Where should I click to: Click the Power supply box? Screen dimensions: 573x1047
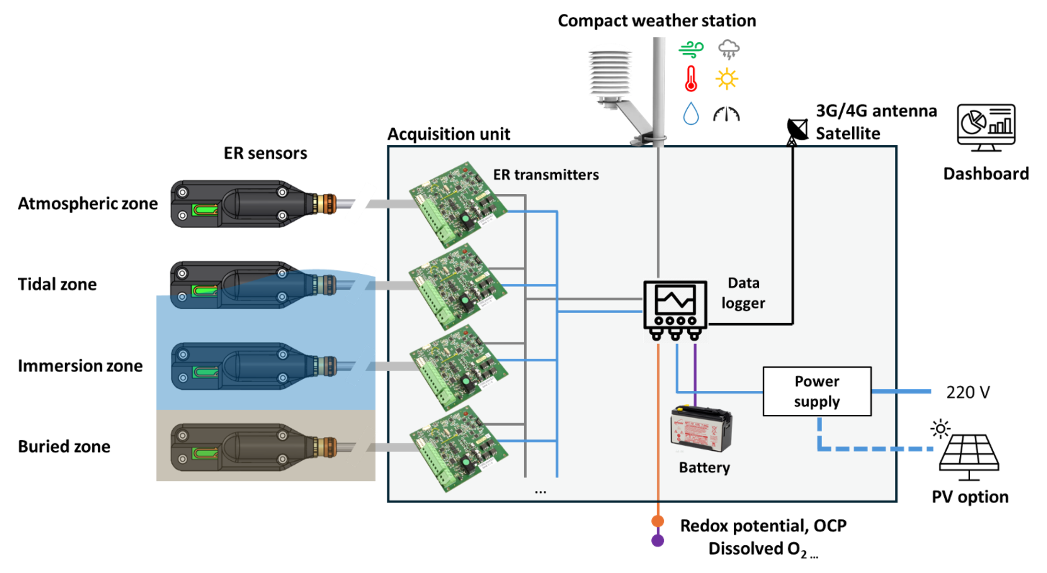point(817,391)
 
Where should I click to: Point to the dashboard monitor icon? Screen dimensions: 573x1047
point(986,127)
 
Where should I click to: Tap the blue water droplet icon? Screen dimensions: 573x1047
point(691,114)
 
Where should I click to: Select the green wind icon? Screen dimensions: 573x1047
point(691,49)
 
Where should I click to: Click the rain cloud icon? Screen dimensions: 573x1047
point(729,49)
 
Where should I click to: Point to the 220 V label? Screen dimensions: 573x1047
point(967,392)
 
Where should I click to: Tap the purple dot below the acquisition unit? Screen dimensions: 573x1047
point(658,540)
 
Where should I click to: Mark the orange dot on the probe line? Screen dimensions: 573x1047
point(658,521)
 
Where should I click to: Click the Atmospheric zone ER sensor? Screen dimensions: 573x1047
point(254,204)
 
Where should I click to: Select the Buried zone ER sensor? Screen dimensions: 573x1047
point(254,447)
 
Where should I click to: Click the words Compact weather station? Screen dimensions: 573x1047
point(657,21)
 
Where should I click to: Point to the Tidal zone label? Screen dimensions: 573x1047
point(57,284)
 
